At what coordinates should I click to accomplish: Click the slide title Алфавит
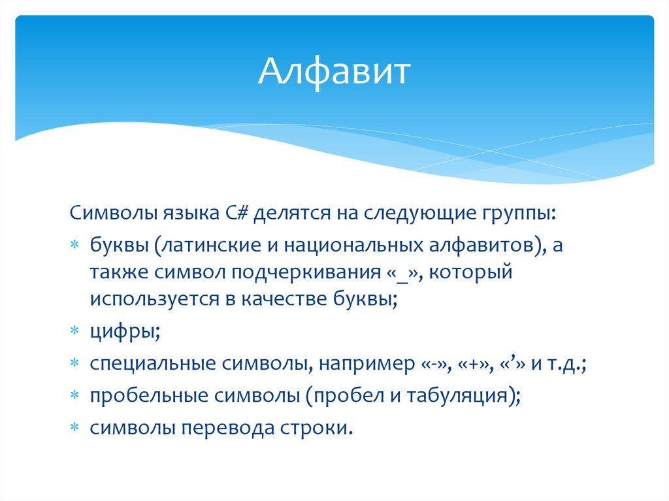point(334,71)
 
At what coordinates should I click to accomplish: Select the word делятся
point(293,214)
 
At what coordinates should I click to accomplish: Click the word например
point(361,364)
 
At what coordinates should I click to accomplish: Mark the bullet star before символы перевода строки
point(75,427)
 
